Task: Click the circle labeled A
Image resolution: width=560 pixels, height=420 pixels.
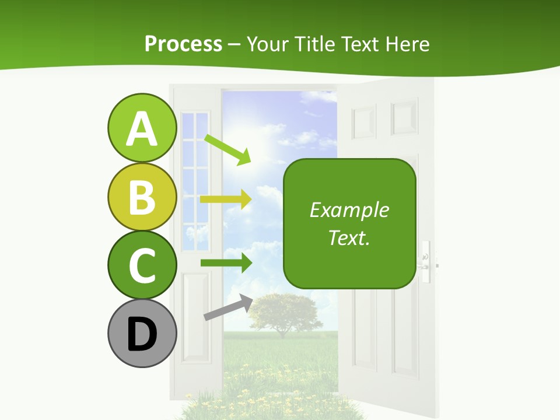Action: tap(142, 128)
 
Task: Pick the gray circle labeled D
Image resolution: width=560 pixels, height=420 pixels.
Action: tap(142, 333)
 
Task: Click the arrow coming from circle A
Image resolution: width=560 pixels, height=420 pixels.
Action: tap(228, 149)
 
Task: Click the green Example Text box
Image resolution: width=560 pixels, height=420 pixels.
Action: tap(349, 223)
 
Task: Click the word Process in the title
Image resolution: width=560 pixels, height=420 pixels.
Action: tap(183, 44)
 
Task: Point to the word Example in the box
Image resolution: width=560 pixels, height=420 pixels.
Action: tap(349, 210)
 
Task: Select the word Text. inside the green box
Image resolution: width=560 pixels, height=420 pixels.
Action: tap(349, 237)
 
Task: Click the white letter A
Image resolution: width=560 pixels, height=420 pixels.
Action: tap(142, 129)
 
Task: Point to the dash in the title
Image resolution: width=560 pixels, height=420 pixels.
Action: tap(235, 44)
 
